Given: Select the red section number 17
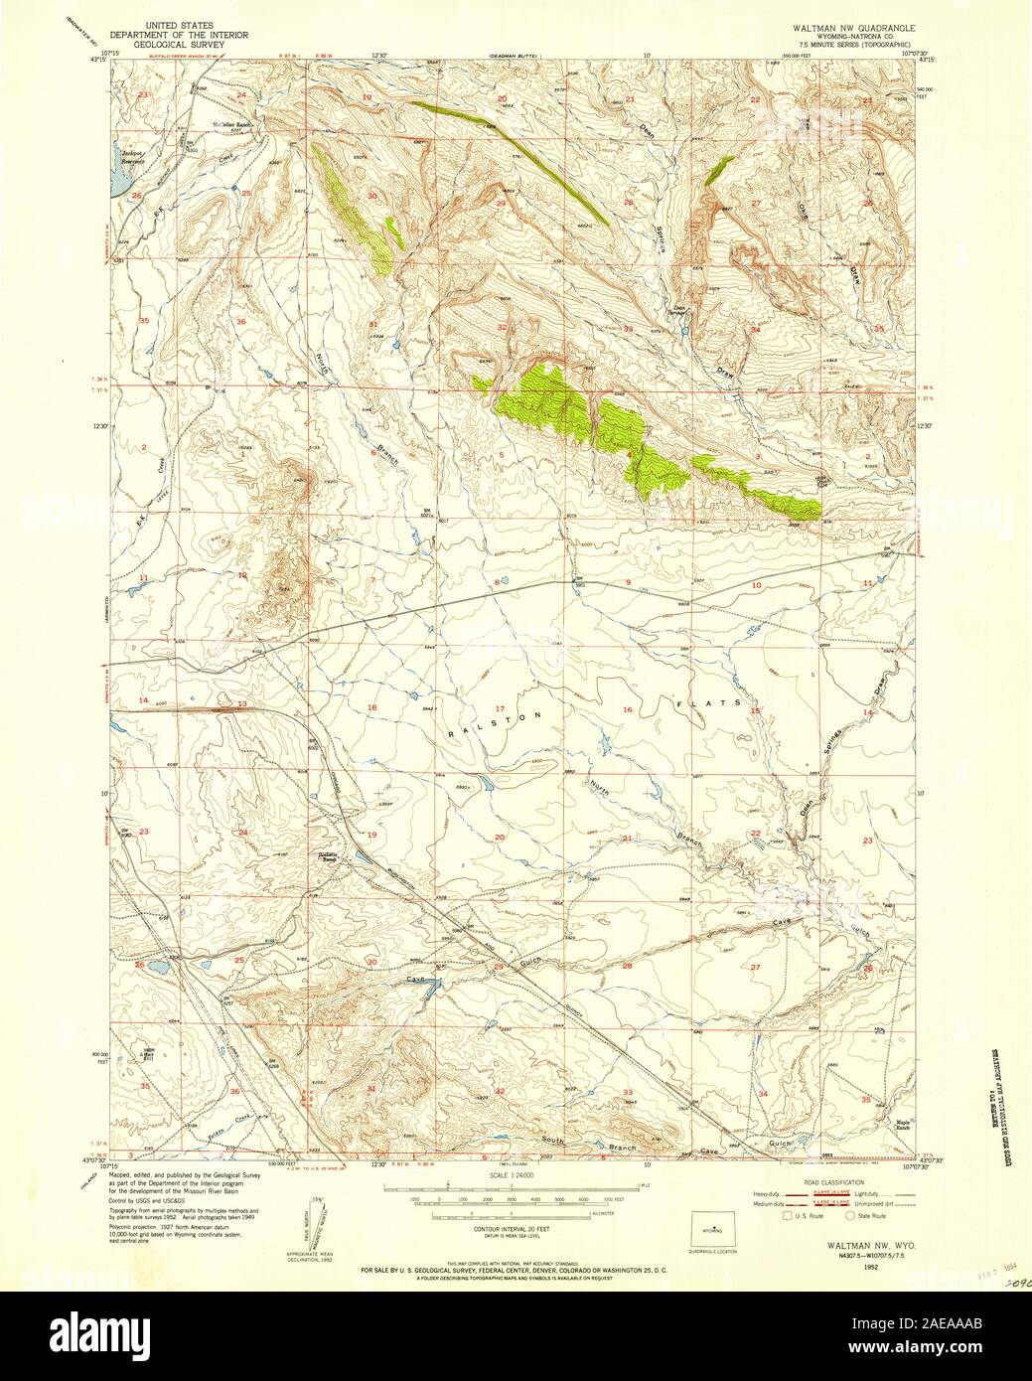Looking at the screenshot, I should coord(501,707).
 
